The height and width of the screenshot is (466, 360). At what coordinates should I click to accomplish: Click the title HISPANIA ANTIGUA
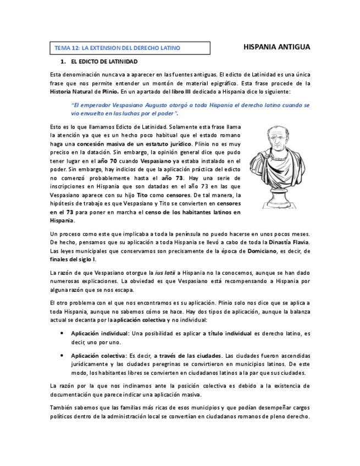tap(276, 47)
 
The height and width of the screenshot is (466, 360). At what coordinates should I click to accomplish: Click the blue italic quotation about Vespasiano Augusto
tap(190, 109)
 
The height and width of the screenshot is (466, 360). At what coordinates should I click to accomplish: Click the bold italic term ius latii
tap(165, 273)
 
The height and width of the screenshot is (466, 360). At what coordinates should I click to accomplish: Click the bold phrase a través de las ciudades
tap(188, 356)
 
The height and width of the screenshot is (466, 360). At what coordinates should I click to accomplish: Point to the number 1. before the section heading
tap(63, 62)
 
